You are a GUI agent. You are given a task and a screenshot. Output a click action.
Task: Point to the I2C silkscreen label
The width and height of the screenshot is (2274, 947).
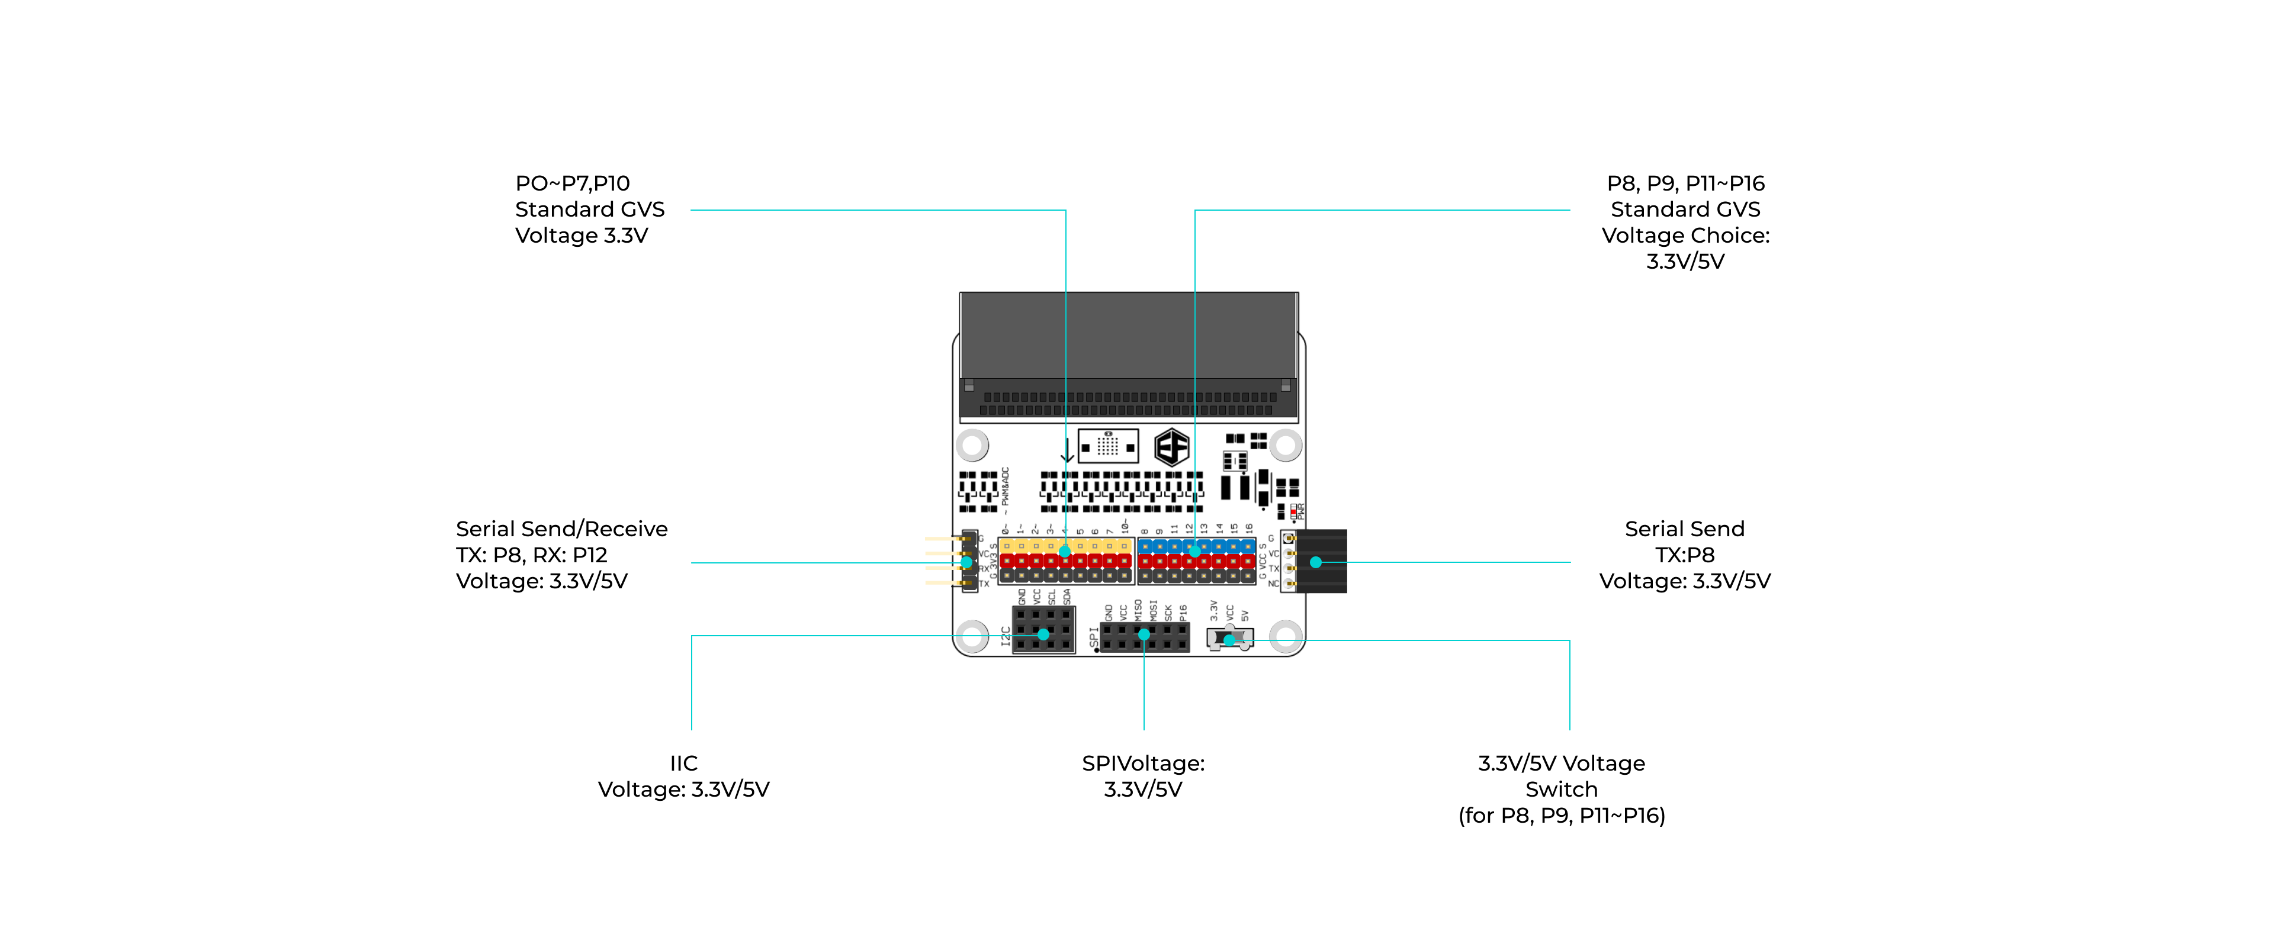tap(1006, 636)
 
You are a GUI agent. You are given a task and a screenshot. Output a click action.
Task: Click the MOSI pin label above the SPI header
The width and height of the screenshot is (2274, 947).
tap(1153, 610)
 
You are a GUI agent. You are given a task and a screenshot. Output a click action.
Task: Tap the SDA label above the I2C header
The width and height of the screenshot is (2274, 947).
tap(1067, 597)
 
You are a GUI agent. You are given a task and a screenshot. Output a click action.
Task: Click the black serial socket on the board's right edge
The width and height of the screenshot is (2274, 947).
tap(1322, 561)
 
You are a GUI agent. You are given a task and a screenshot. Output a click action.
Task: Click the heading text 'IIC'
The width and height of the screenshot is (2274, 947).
tap(683, 764)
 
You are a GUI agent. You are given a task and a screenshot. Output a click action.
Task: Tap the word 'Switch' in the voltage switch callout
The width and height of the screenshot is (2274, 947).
tap(1561, 789)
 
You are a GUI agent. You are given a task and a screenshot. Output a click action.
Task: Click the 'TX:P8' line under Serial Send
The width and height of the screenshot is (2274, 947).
tap(1684, 555)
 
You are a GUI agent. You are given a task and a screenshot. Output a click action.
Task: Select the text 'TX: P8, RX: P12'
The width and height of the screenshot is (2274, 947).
tap(531, 555)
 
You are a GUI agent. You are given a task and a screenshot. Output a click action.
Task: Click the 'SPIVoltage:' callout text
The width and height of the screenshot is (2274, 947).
tap(1143, 764)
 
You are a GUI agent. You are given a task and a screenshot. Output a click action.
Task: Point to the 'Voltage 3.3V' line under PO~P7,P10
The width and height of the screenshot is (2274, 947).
tap(582, 236)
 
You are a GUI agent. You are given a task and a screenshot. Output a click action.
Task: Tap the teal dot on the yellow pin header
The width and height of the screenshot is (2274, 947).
tap(1065, 552)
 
